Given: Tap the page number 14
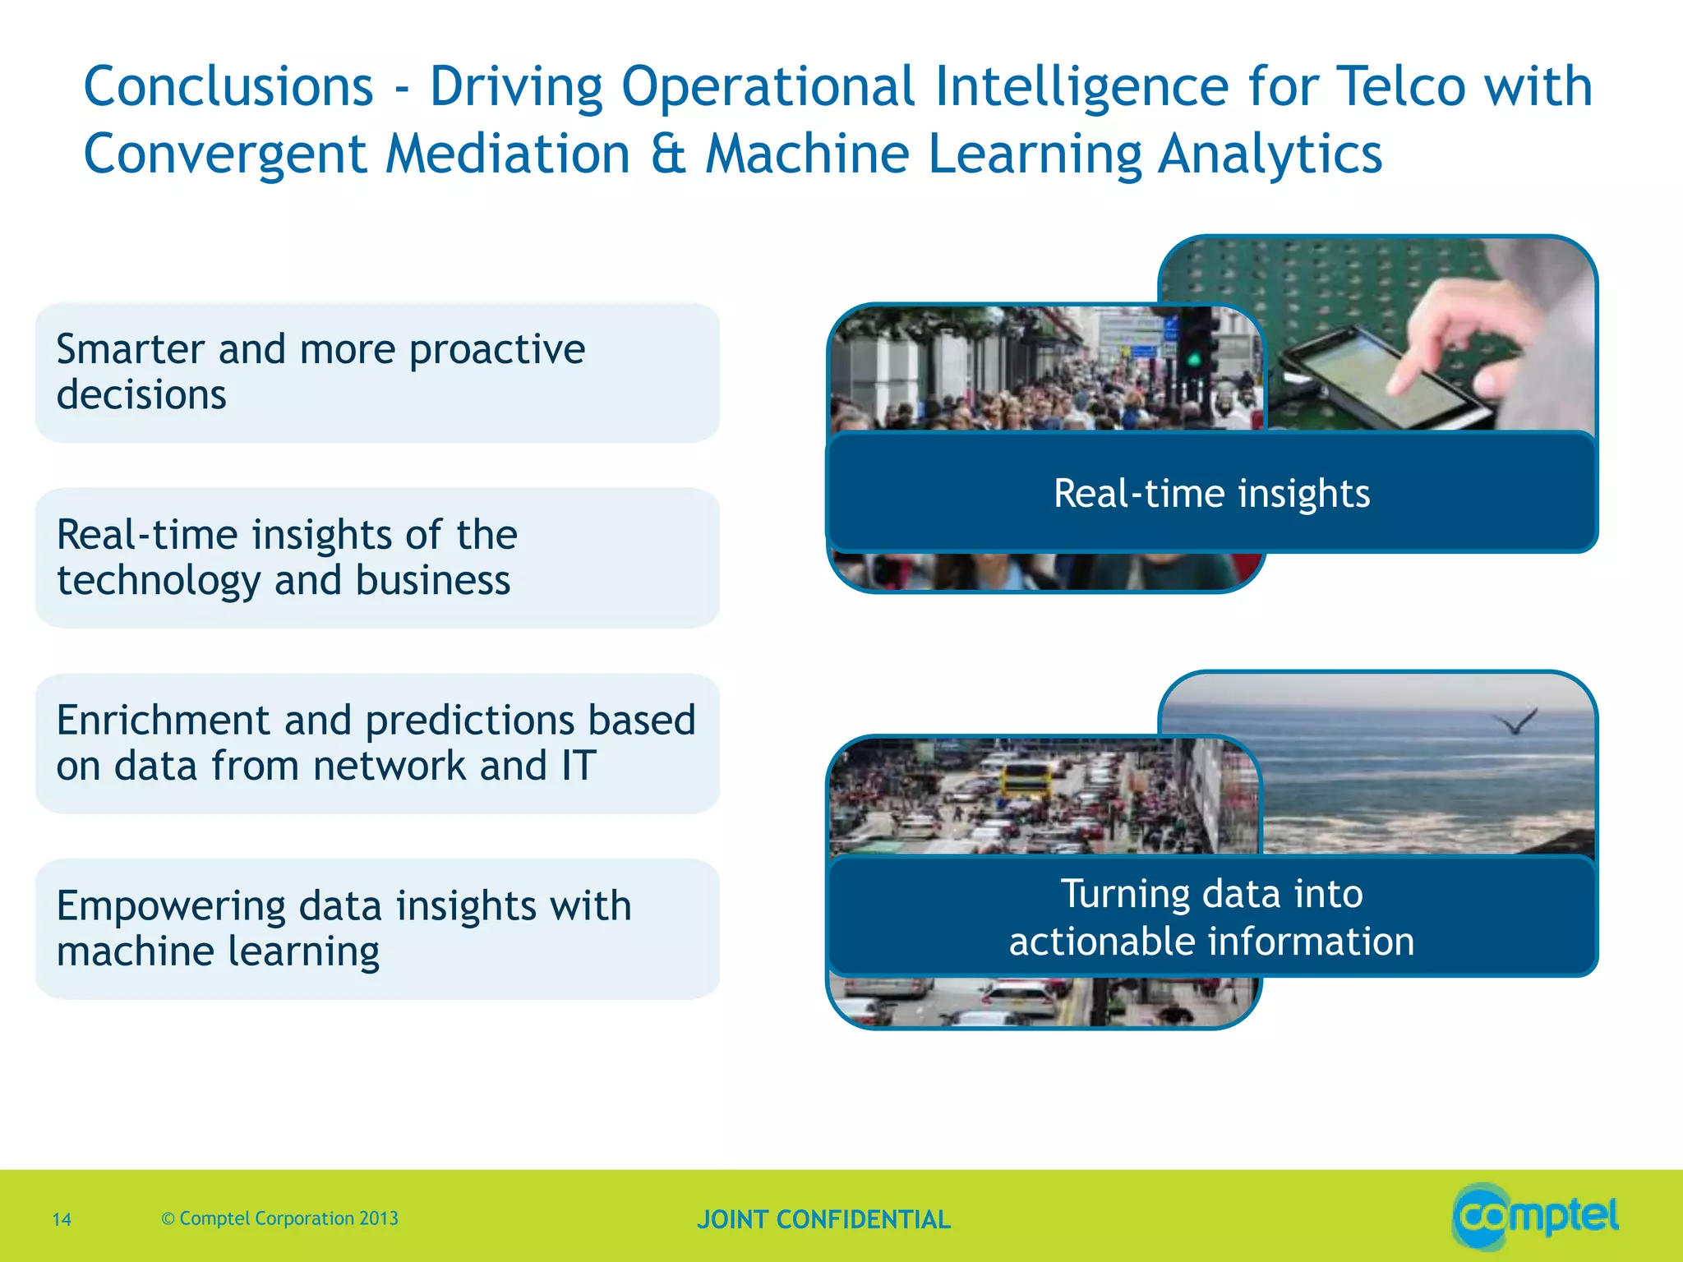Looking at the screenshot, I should pyautogui.click(x=62, y=1219).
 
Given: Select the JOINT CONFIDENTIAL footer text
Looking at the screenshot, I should pyautogui.click(x=823, y=1219).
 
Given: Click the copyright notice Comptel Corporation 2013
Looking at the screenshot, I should pyautogui.click(x=280, y=1218).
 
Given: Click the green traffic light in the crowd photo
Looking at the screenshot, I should pyautogui.click(x=1193, y=360).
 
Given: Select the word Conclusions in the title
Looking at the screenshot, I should pyautogui.click(x=228, y=86).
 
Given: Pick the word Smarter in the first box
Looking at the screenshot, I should pyautogui.click(x=130, y=349).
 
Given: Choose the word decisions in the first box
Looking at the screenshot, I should pyautogui.click(x=141, y=395).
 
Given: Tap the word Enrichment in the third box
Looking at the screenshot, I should pyautogui.click(x=163, y=721).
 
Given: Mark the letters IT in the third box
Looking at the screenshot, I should pyautogui.click(x=579, y=766).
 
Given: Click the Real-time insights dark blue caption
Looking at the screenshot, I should pyautogui.click(x=1211, y=493).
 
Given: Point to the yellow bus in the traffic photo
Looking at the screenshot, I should pyautogui.click(x=1025, y=777).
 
